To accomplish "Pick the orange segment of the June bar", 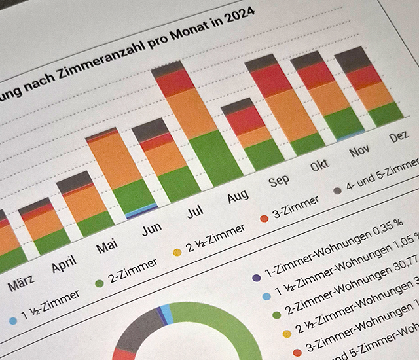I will tap(165, 158).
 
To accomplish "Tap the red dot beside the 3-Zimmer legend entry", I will tap(264, 218).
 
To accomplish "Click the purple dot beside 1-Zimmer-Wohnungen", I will tap(256, 278).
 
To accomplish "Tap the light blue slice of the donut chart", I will tap(168, 314).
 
